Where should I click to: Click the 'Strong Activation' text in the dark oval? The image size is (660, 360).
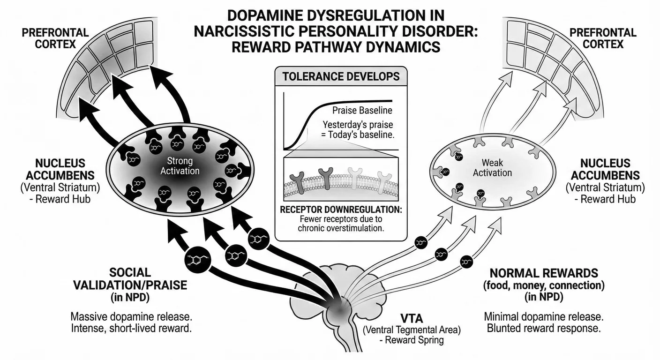click(x=180, y=166)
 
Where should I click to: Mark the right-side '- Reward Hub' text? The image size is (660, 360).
click(x=608, y=199)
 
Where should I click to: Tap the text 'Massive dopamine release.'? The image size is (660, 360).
click(x=131, y=315)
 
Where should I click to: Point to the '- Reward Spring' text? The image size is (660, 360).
click(x=412, y=340)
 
